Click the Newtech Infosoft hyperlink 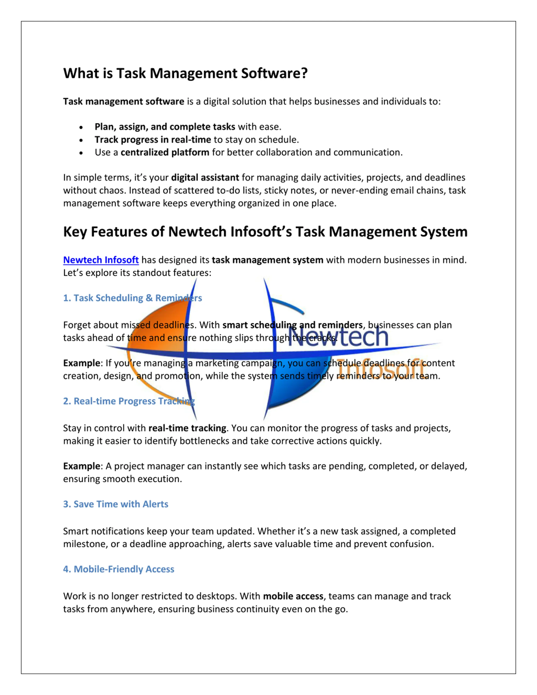click(x=101, y=260)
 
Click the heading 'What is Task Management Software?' click(x=185, y=73)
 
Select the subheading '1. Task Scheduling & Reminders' click(x=132, y=298)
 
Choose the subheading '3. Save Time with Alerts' click(x=116, y=504)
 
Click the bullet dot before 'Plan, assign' click(x=81, y=127)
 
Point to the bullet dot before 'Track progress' click(x=81, y=140)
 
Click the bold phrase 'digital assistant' click(x=205, y=177)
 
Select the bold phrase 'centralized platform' click(x=165, y=153)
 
